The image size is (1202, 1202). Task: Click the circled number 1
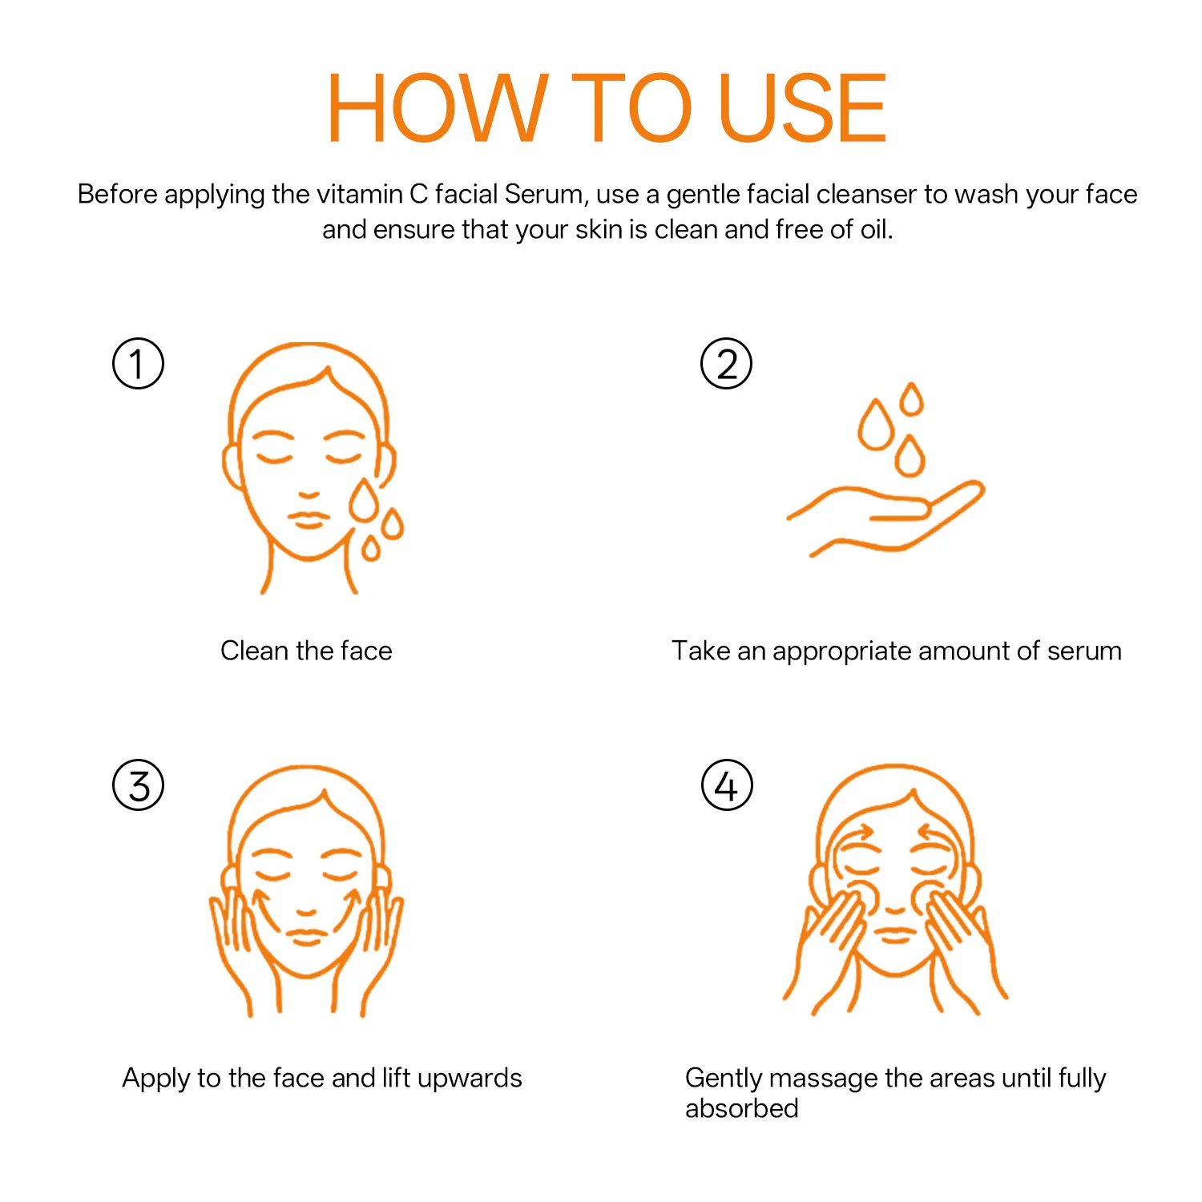pos(138,363)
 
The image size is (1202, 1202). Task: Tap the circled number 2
pos(727,363)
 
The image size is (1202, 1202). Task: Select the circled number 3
pos(138,785)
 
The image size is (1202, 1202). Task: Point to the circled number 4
pos(727,785)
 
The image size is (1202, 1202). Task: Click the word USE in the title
pos(803,108)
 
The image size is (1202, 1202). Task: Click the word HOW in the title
pos(438,108)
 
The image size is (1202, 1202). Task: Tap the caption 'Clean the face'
pos(306,651)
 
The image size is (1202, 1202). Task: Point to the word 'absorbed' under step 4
pos(742,1108)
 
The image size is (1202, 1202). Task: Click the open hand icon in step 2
pos(885,517)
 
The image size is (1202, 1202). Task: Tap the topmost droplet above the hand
pos(911,399)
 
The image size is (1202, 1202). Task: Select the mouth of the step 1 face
pos(309,519)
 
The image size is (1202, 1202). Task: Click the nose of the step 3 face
pos(306,911)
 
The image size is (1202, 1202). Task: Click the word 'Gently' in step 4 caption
pos(724,1079)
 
